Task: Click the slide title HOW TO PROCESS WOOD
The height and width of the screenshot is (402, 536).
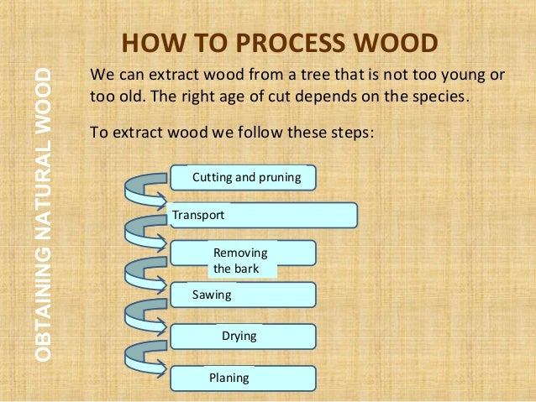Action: (280, 44)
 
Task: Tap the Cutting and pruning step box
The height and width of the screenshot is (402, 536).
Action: (244, 178)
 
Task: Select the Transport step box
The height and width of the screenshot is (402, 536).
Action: (263, 216)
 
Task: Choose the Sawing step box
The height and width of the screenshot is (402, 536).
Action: (244, 295)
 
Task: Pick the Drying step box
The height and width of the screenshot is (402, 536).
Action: (244, 337)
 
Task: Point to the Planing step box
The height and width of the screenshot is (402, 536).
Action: (244, 378)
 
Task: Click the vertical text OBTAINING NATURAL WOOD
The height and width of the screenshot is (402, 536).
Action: (48, 214)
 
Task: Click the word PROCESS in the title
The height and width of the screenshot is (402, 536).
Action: (282, 44)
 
